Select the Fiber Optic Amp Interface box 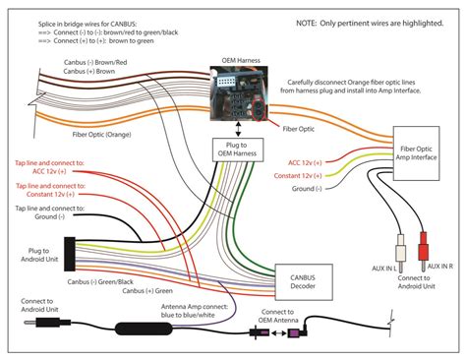(x=416, y=154)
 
